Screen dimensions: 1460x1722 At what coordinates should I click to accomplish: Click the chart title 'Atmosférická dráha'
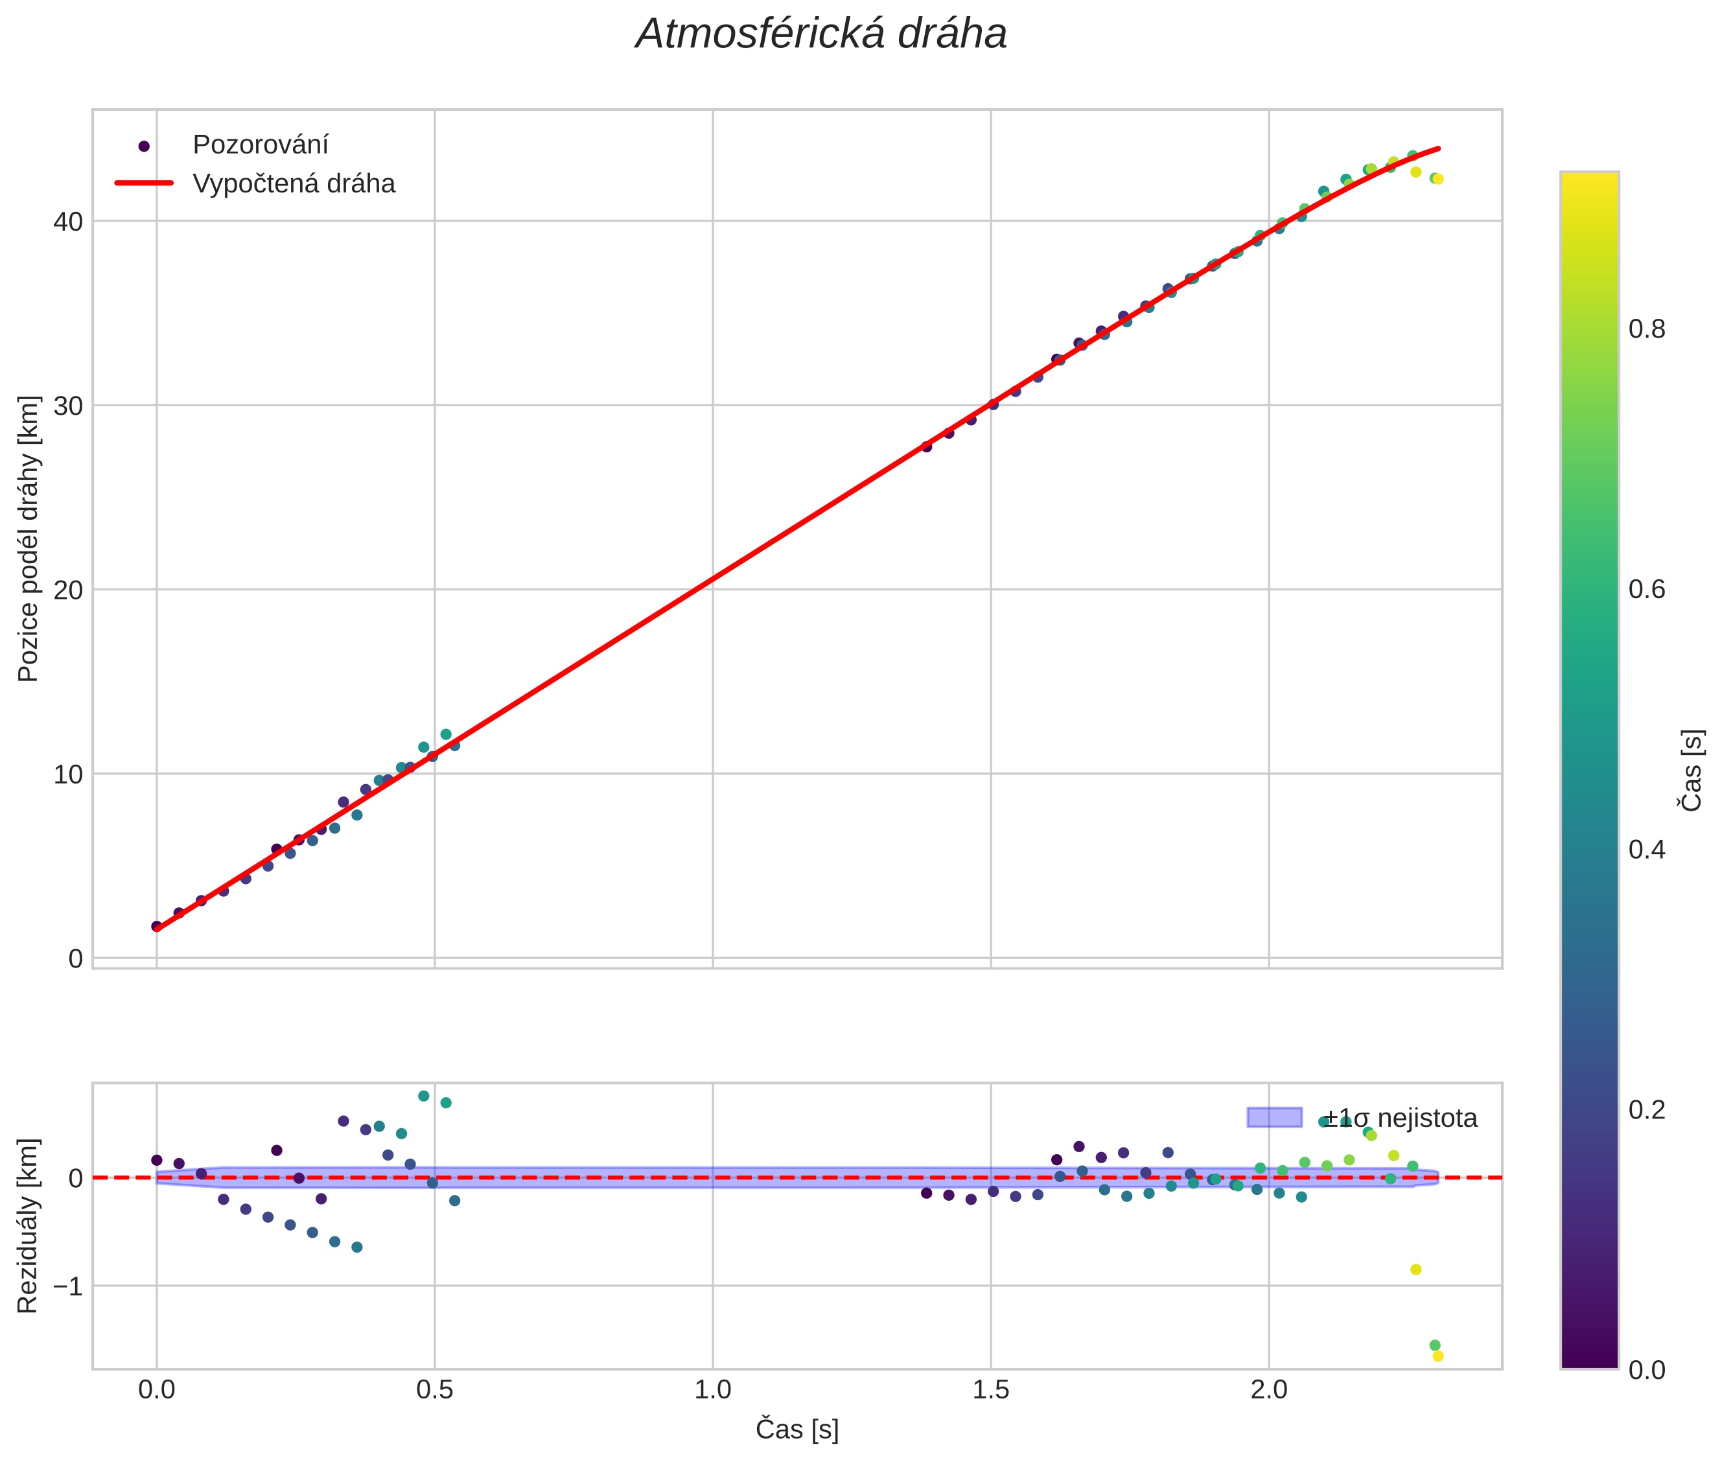(x=820, y=35)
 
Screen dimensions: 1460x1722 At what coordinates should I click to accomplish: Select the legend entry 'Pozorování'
(x=260, y=145)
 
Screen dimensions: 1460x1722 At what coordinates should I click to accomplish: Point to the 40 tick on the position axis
(x=68, y=222)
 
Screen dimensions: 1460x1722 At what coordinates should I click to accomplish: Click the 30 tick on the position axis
(x=68, y=406)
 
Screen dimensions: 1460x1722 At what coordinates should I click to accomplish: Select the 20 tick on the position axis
(x=68, y=590)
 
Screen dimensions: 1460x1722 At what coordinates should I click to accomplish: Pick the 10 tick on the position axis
(x=68, y=774)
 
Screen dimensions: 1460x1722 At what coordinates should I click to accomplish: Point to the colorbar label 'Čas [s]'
(x=1692, y=771)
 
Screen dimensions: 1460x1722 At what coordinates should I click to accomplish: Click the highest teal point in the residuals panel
(x=424, y=1096)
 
